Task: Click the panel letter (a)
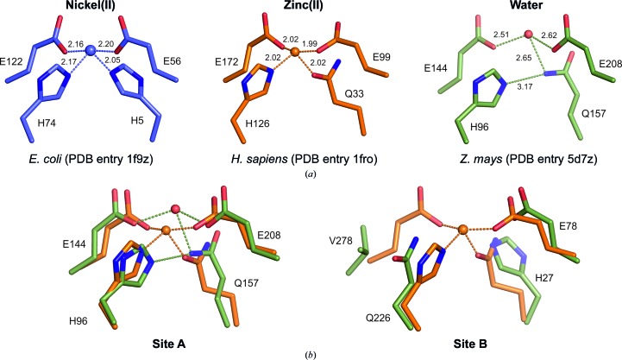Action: click(x=310, y=173)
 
